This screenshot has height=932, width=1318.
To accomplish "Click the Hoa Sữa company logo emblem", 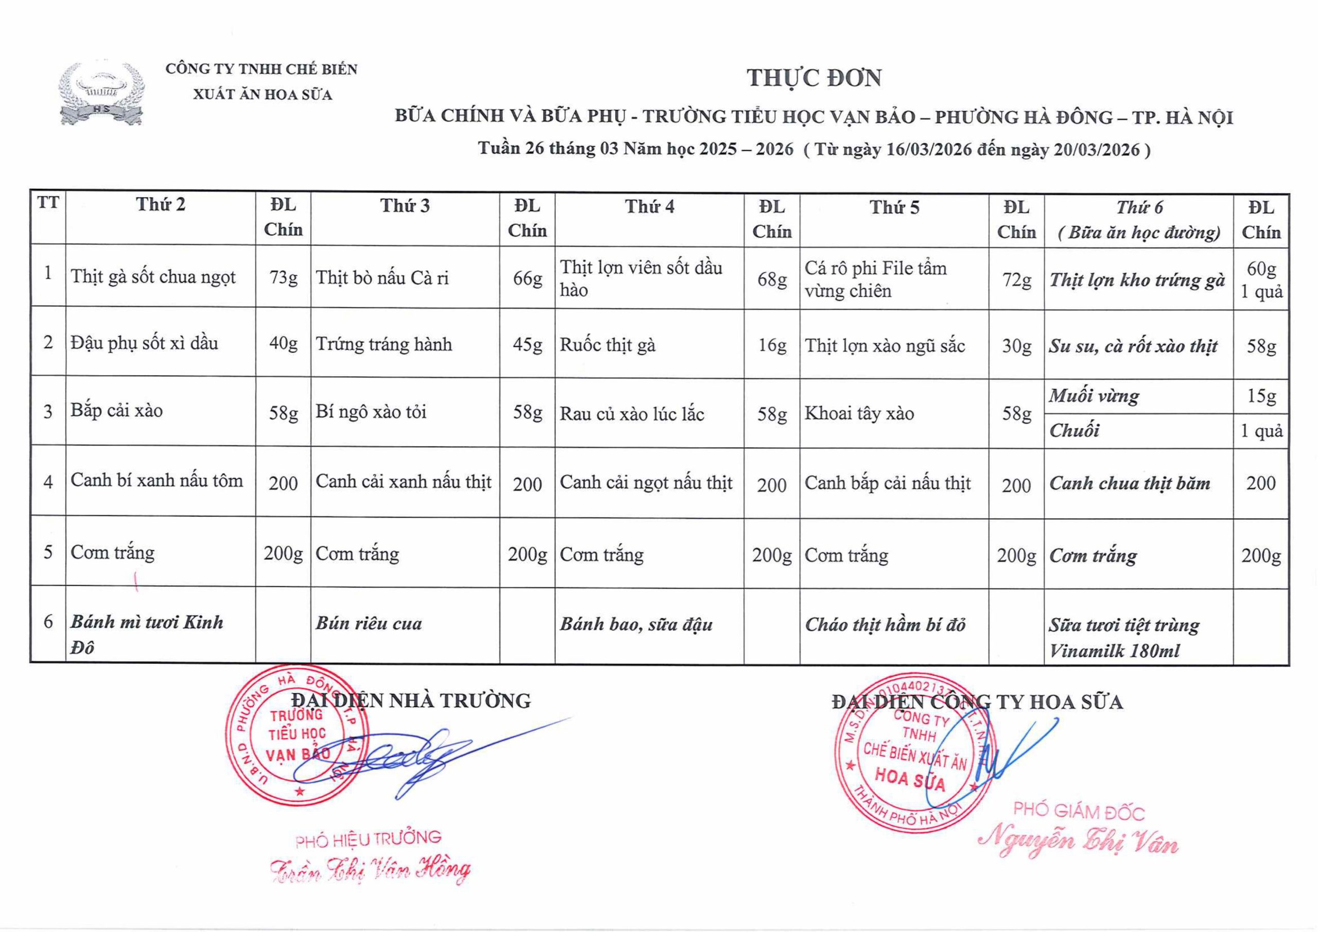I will pyautogui.click(x=101, y=94).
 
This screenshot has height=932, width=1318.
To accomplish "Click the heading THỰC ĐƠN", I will pyautogui.click(x=813, y=78).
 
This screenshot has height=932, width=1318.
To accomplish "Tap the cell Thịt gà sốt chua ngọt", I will pyautogui.click(x=153, y=277).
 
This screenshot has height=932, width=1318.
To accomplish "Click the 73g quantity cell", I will pyautogui.click(x=284, y=278).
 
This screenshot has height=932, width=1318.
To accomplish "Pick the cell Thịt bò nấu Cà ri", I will pyautogui.click(x=383, y=278).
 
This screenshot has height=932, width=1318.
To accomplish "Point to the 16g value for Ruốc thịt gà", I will pyautogui.click(x=772, y=345).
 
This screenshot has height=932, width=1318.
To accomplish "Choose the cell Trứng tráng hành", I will pyautogui.click(x=384, y=344).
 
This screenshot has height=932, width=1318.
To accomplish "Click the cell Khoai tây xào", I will pyautogui.click(x=859, y=413).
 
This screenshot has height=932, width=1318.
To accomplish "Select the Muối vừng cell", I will pyautogui.click(x=1094, y=396).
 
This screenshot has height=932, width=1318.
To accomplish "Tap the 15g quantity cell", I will pyautogui.click(x=1261, y=396).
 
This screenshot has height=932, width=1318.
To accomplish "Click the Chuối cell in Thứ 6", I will pyautogui.click(x=1074, y=430).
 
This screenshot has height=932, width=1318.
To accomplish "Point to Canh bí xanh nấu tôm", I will pyautogui.click(x=157, y=481).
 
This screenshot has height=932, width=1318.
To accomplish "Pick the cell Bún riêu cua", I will pyautogui.click(x=369, y=624).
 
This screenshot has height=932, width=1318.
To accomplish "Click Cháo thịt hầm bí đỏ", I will pyautogui.click(x=885, y=625).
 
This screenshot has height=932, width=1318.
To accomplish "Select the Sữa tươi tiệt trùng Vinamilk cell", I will pyautogui.click(x=1123, y=638).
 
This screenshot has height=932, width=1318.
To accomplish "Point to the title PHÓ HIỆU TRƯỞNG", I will pyautogui.click(x=368, y=839).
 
